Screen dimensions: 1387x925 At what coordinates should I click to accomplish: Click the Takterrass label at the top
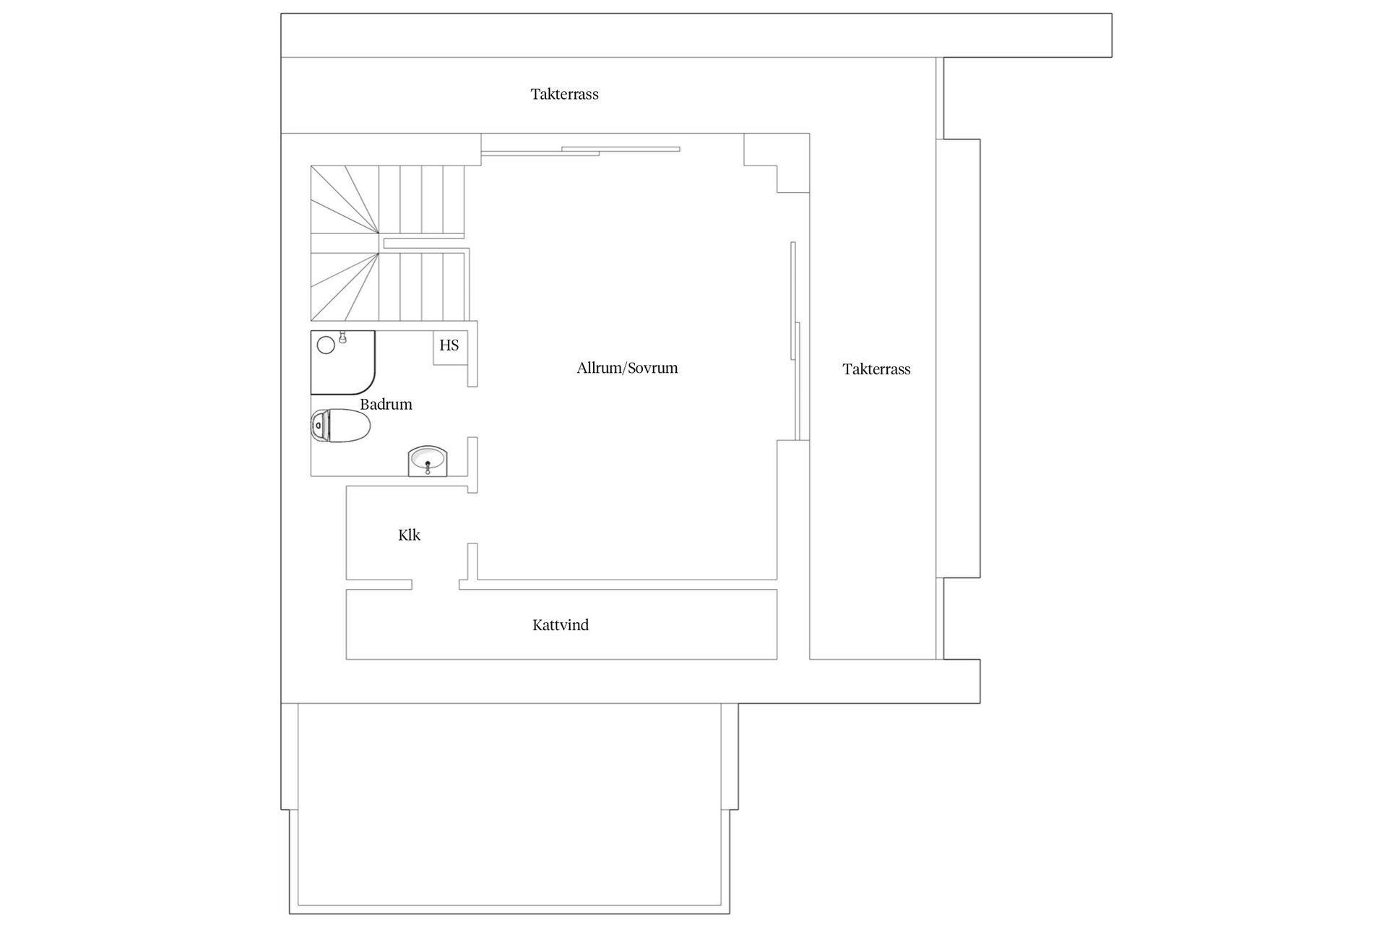[564, 94]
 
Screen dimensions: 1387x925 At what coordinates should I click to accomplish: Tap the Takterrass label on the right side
[876, 369]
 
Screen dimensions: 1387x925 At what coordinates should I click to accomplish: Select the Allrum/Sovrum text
[627, 368]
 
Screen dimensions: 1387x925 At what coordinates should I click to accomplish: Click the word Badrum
[386, 404]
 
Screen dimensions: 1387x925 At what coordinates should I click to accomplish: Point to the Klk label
[409, 535]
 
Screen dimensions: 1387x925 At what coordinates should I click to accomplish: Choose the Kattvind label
[561, 625]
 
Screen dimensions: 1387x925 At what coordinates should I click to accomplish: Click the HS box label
[449, 345]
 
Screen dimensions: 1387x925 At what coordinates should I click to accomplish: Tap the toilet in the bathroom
[340, 426]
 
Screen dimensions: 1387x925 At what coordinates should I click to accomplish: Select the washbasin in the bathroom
[428, 461]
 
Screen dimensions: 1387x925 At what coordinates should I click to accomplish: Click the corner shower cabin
[342, 362]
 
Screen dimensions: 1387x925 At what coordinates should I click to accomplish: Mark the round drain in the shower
[326, 345]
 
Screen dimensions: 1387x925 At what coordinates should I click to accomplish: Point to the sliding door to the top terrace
[581, 150]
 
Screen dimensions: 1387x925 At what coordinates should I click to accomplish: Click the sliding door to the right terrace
[795, 341]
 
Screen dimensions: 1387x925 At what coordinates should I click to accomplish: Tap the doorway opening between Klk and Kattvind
[436, 585]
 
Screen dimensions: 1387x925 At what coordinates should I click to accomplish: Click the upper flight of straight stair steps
[421, 199]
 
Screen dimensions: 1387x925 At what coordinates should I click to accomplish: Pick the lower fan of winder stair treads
[345, 287]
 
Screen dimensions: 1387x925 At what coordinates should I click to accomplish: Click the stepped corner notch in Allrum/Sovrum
[777, 163]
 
